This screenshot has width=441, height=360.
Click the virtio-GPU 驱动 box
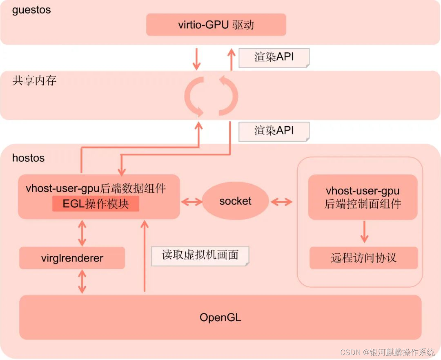tap(216, 25)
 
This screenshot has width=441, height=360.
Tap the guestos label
tap(31, 10)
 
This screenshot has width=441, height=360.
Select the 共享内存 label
tap(34, 80)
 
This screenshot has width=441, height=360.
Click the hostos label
tap(28, 158)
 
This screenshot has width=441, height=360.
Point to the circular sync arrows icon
tap(211, 95)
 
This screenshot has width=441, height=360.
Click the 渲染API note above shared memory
tap(274, 57)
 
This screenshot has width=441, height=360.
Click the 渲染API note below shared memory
tap(274, 131)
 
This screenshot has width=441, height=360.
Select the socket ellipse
tap(235, 201)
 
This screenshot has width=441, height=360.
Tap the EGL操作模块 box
tap(96, 203)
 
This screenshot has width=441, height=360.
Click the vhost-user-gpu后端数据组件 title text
tap(96, 188)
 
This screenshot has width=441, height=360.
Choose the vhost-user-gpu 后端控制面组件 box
tap(363, 197)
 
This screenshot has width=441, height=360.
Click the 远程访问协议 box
tap(363, 258)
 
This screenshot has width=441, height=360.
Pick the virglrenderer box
tap(72, 258)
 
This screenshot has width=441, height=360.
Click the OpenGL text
tap(220, 317)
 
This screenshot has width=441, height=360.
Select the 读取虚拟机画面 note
tap(200, 255)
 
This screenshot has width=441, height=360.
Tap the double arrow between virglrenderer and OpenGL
tap(82, 282)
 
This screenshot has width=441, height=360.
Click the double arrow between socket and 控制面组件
tap(281, 201)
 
